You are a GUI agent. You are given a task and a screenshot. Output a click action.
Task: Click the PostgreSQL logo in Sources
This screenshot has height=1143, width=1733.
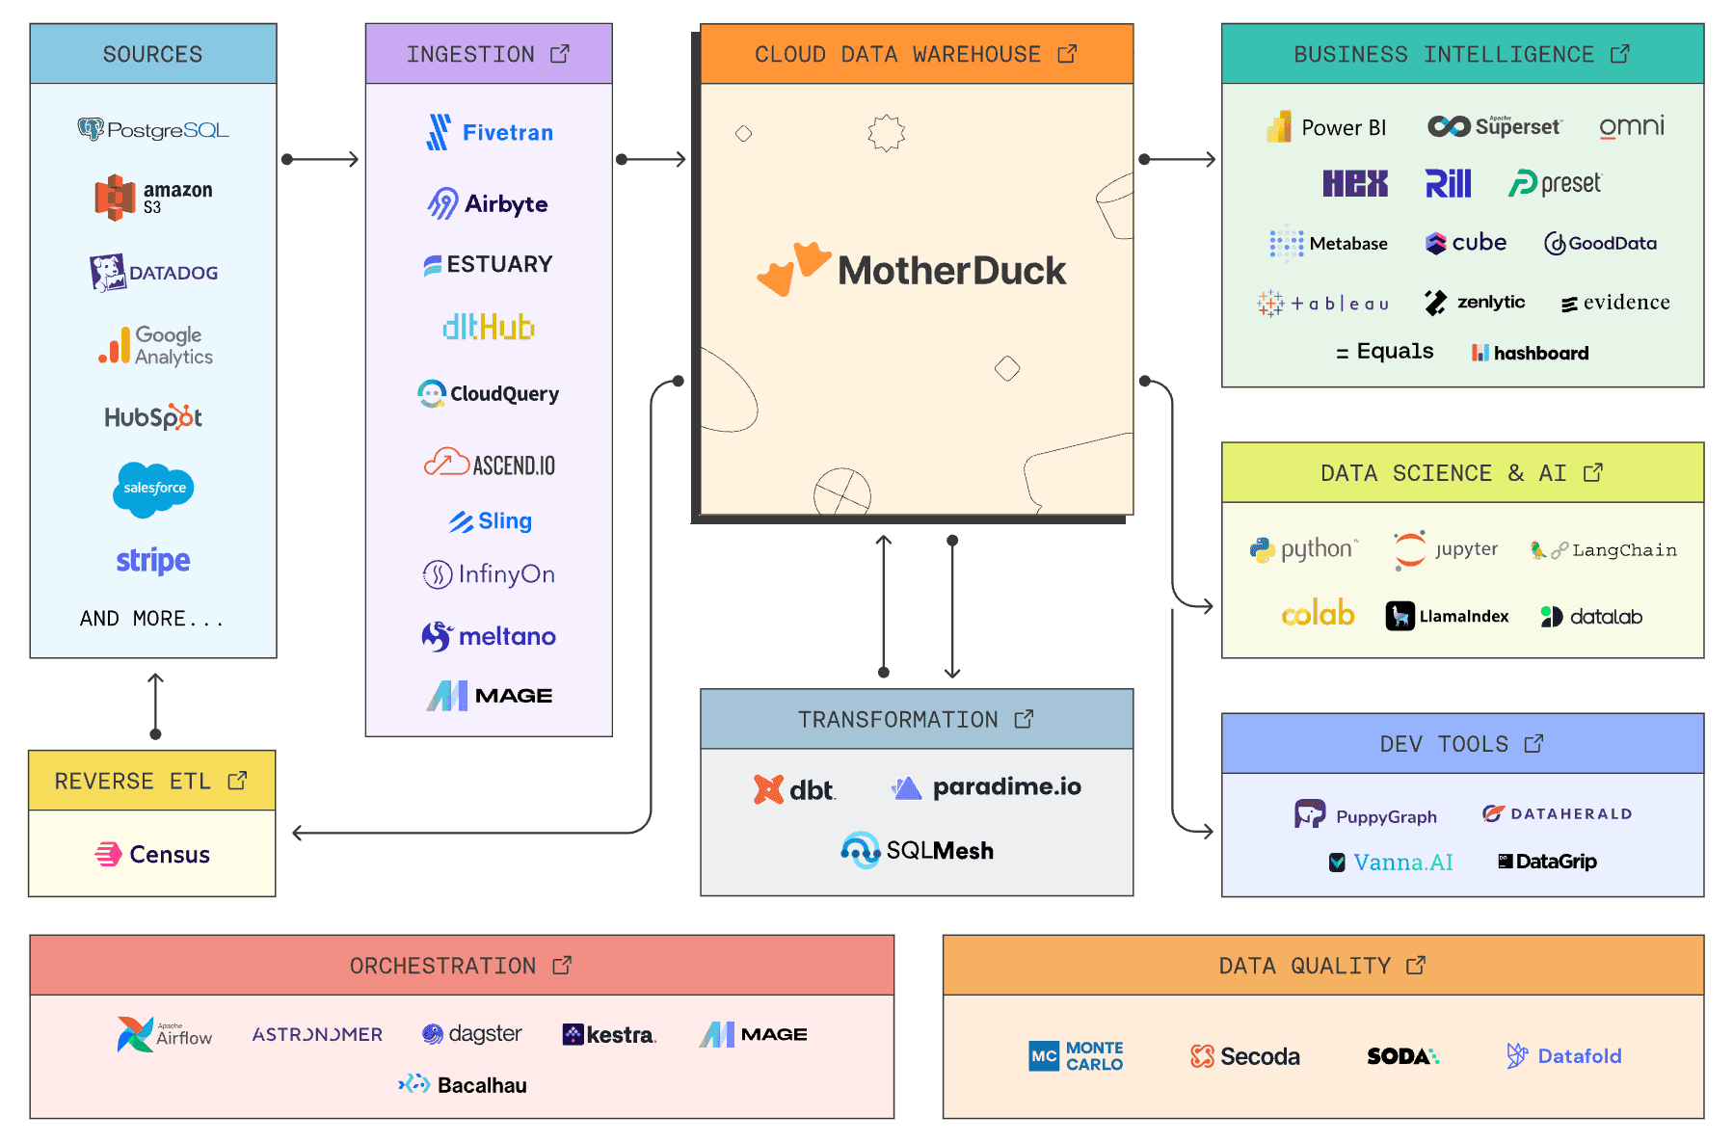click(153, 129)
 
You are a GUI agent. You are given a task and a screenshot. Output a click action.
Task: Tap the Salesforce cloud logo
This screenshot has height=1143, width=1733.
click(153, 489)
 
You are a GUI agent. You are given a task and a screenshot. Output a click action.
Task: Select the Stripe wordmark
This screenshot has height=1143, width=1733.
click(153, 560)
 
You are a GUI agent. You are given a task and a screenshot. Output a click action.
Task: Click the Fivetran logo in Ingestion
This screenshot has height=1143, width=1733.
click(490, 132)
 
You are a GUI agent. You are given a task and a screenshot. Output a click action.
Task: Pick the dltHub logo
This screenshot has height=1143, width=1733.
click(489, 328)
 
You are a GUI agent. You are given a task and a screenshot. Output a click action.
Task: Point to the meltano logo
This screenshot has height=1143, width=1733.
click(489, 636)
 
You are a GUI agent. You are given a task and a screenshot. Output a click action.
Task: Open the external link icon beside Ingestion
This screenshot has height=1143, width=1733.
click(560, 54)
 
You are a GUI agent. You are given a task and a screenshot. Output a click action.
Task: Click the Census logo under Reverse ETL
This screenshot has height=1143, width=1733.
click(152, 854)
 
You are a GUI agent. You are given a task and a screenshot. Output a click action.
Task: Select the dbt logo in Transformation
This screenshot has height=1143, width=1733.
click(794, 789)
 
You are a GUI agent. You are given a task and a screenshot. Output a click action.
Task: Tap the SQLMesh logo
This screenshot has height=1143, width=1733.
click(917, 850)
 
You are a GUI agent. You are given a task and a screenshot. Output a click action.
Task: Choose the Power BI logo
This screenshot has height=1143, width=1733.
click(1326, 127)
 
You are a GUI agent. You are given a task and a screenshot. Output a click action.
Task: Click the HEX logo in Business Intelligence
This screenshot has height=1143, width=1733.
click(1355, 183)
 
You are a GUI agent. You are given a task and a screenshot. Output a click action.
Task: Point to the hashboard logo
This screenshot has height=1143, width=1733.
click(1530, 353)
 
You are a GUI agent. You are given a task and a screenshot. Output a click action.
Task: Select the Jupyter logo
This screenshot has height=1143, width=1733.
click(1446, 549)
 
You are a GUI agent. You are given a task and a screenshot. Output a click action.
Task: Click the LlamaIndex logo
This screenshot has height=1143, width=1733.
click(1447, 616)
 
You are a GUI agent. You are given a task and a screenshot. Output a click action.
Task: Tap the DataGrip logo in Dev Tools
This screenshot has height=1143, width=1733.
click(1547, 862)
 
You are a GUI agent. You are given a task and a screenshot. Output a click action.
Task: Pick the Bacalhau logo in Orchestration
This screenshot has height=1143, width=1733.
click(463, 1085)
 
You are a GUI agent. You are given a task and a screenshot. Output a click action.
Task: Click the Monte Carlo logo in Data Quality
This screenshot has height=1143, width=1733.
click(1076, 1056)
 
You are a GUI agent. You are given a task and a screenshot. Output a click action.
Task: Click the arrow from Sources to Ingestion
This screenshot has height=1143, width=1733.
click(321, 159)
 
